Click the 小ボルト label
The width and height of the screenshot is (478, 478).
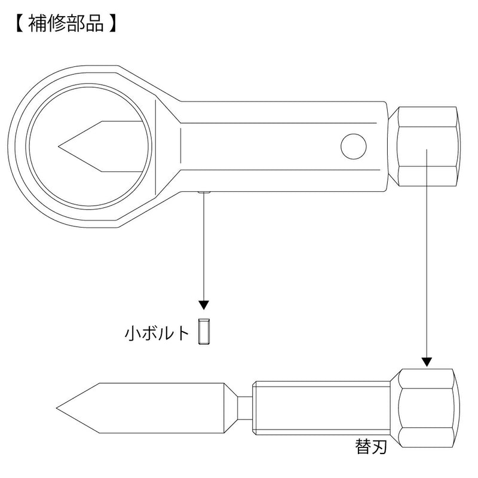pos(158,332)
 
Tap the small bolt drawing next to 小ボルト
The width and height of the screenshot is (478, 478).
pos(204,332)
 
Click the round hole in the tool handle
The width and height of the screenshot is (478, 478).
pos(354,145)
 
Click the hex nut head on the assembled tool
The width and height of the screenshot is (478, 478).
pos(428,145)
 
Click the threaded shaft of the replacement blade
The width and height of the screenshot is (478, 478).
pos(323,409)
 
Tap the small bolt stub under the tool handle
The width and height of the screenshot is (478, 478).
pos(204,192)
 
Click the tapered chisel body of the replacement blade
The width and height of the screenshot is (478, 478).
pos(155,409)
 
